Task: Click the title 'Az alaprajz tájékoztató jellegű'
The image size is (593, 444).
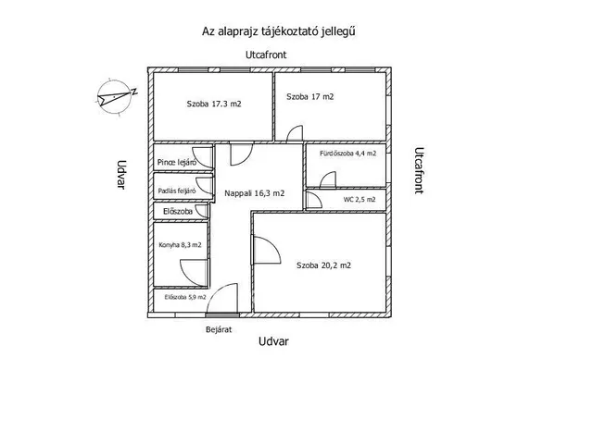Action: [x=280, y=31]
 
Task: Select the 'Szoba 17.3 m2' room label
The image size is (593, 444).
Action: [x=213, y=105]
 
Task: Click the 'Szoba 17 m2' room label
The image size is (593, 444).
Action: [x=309, y=96]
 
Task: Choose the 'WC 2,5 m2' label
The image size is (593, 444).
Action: [x=360, y=199]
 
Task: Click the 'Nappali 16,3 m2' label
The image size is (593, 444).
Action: [x=254, y=193]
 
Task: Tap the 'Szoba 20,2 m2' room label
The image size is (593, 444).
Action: [x=323, y=265]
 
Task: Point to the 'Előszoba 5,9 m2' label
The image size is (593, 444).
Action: [x=184, y=297]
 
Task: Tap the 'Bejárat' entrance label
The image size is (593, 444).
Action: [x=218, y=328]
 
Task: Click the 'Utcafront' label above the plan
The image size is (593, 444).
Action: [x=266, y=55]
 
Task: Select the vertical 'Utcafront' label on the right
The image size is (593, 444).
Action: [x=419, y=168]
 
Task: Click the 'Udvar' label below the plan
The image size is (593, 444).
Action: [x=273, y=341]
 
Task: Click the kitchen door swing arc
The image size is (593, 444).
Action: [x=193, y=270]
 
